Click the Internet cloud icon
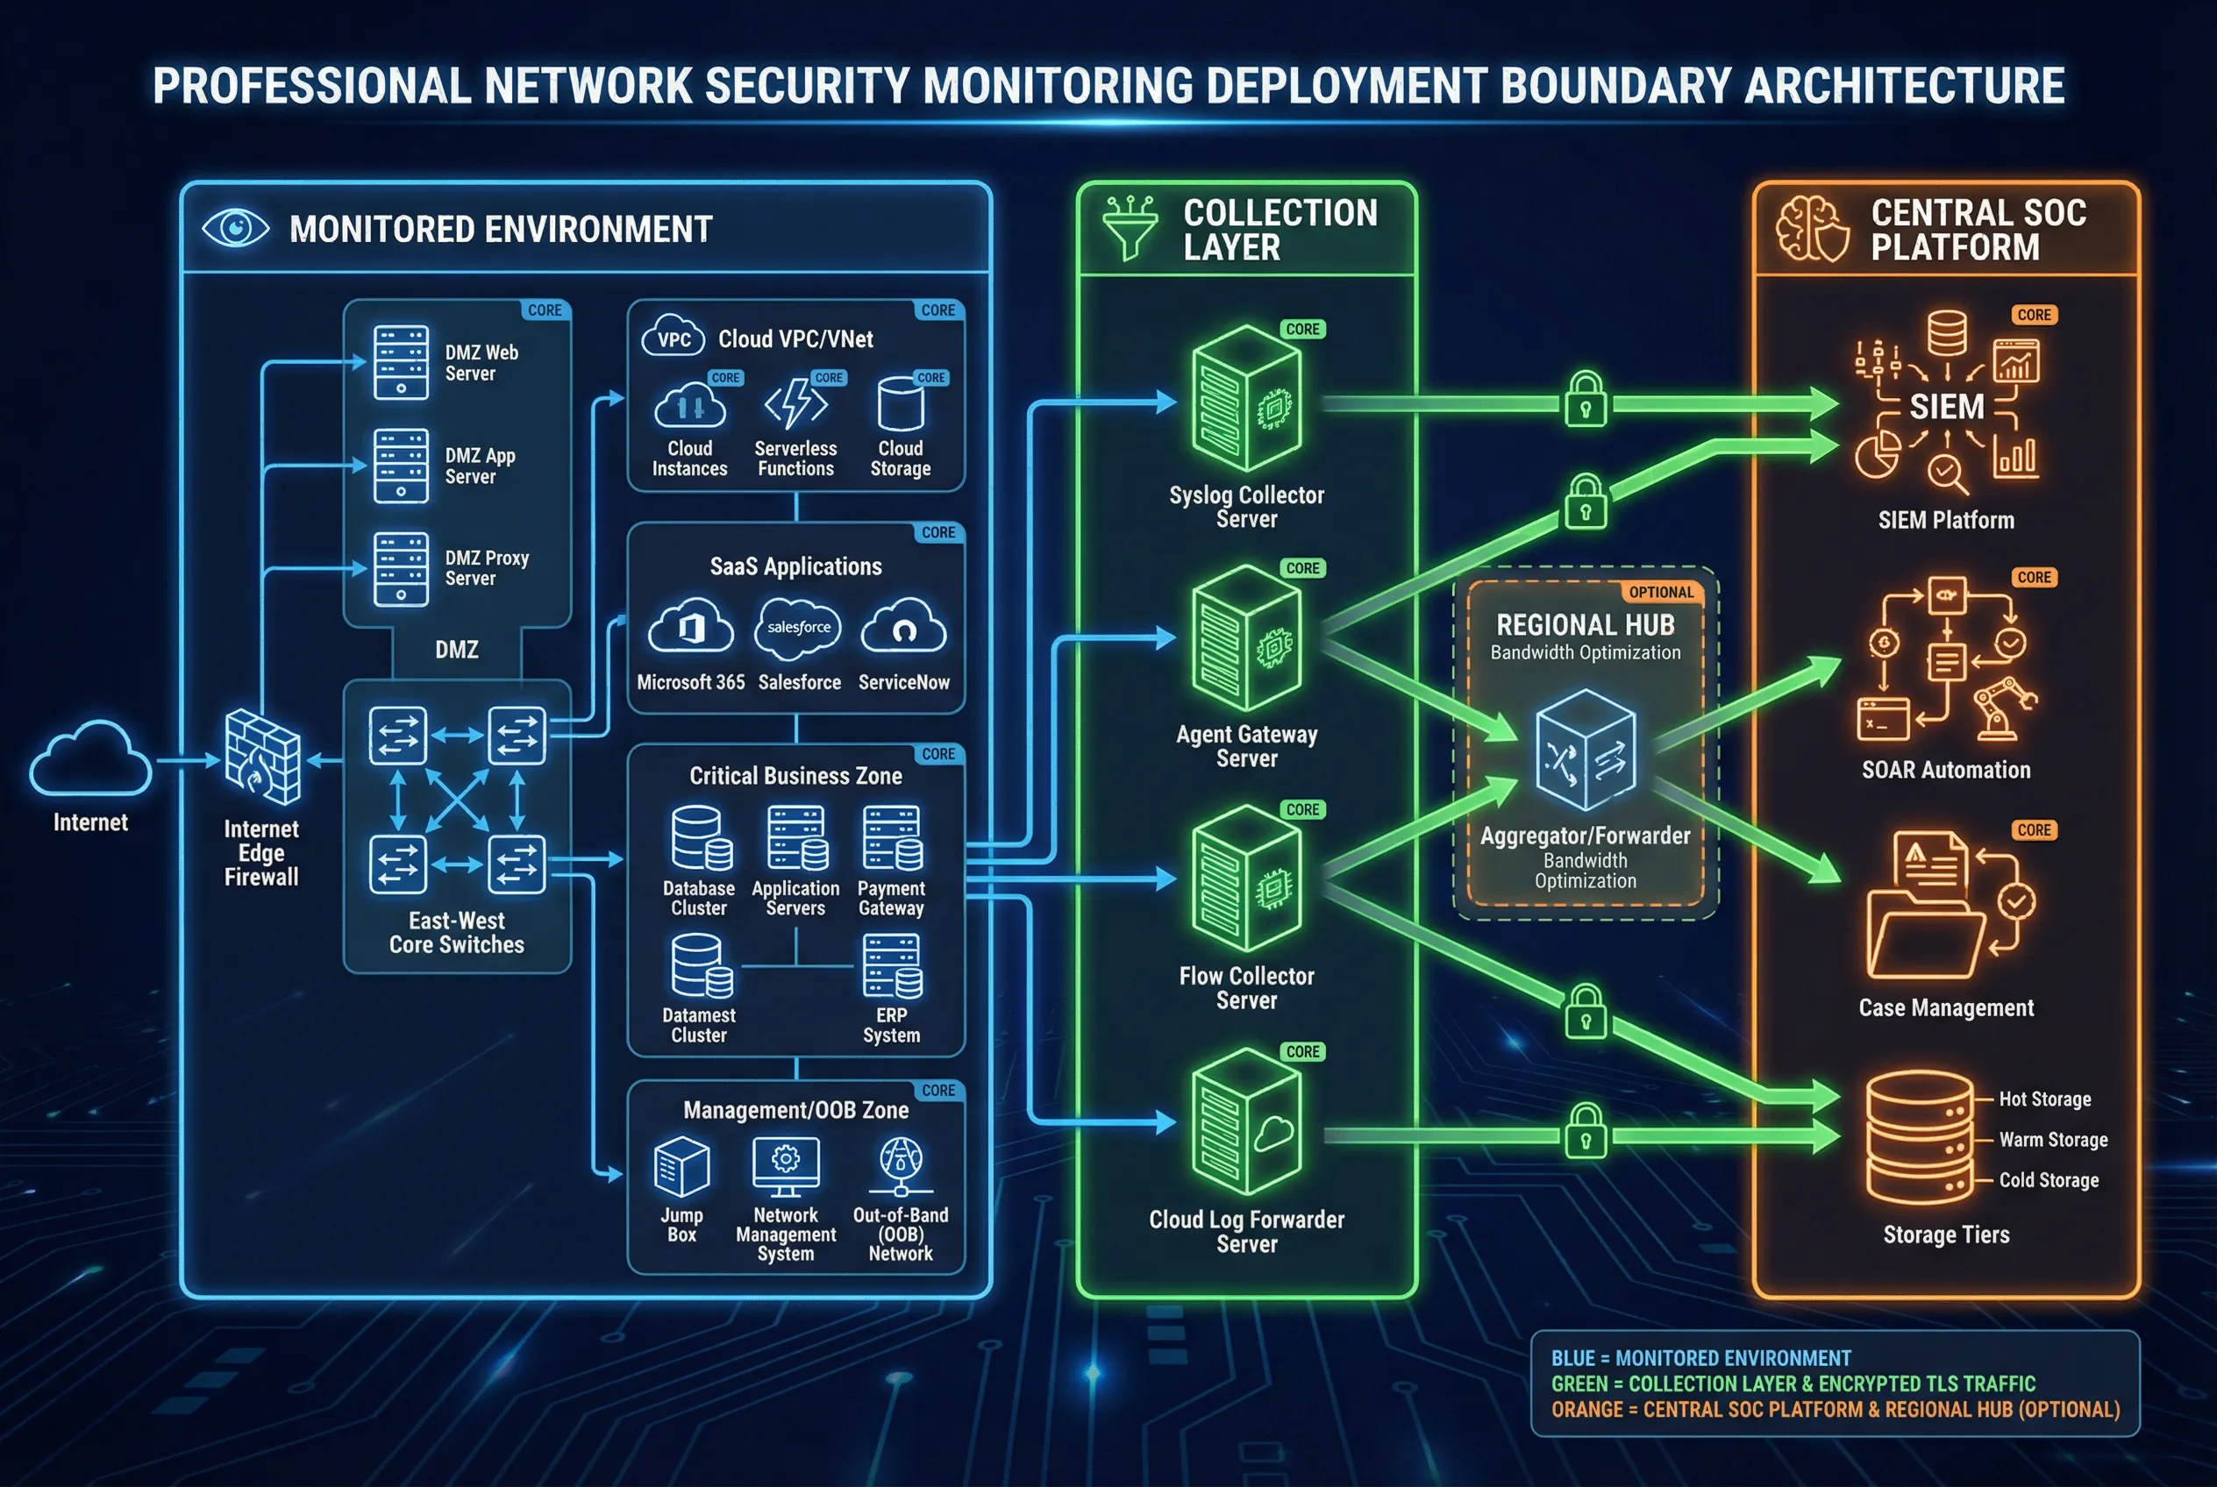tap(90, 758)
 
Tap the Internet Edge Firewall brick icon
tap(262, 757)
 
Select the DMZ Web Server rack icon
tap(400, 363)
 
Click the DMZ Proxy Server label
tap(486, 568)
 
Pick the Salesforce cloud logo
tap(798, 628)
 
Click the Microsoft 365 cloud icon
tap(690, 626)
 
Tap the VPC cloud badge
tap(673, 338)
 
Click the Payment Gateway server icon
tap(892, 838)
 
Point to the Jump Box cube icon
tap(681, 1166)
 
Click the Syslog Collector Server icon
tap(1245, 398)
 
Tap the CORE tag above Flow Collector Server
tap(1301, 810)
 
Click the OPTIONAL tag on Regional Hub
tap(1660, 593)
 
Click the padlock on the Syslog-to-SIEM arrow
tap(1586, 399)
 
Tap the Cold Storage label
tap(2048, 1181)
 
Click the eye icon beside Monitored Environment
tap(235, 229)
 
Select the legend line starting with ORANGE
tap(1834, 1410)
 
